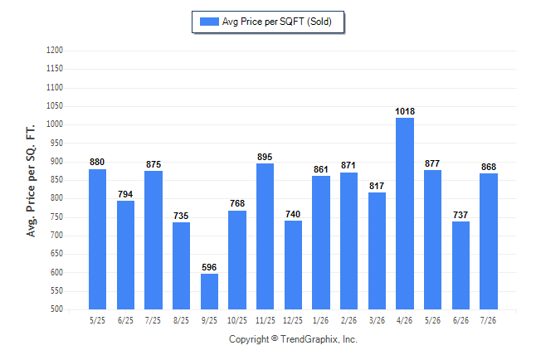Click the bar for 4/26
click(x=405, y=214)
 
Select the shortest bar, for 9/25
click(x=209, y=292)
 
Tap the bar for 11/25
click(x=265, y=236)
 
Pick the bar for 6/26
click(x=460, y=265)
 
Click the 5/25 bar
click(x=97, y=240)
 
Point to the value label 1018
click(x=405, y=111)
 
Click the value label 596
click(x=209, y=267)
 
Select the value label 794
click(x=125, y=194)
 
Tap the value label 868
click(x=489, y=167)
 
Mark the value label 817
click(x=377, y=186)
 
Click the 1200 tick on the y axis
click(x=55, y=51)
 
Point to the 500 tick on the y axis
click(x=56, y=309)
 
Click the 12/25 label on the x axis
click(x=293, y=320)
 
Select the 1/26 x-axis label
click(x=320, y=320)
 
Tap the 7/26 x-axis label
click(x=488, y=320)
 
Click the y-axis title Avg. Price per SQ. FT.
click(x=31, y=181)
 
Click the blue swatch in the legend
click(x=209, y=22)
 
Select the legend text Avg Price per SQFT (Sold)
click(x=277, y=22)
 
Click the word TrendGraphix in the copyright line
click(x=309, y=339)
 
